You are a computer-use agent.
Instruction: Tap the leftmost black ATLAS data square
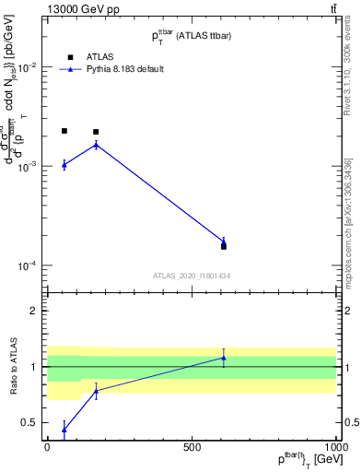coord(64,131)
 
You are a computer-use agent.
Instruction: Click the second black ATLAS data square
coord(96,132)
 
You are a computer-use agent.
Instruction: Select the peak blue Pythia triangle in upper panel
coord(96,144)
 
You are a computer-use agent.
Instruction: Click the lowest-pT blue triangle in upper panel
coord(64,164)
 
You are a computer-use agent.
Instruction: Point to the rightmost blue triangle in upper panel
coord(224,242)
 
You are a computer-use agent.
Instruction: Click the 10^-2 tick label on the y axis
coord(28,67)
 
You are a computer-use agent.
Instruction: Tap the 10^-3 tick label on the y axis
coord(28,167)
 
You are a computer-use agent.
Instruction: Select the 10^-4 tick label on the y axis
coord(28,265)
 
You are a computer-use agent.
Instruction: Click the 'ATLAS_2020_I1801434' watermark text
coord(191,276)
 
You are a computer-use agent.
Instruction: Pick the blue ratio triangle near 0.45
coord(64,429)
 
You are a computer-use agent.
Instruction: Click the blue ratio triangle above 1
coord(224,358)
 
